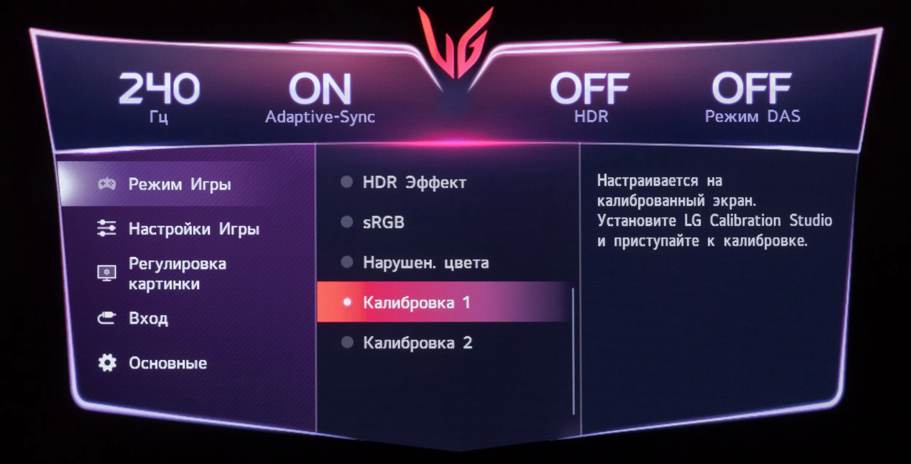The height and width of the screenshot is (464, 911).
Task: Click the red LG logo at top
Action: click(455, 42)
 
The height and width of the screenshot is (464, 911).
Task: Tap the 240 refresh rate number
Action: click(159, 88)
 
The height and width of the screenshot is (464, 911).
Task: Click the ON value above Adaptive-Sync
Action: click(320, 89)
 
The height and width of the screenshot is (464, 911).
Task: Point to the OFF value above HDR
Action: click(590, 88)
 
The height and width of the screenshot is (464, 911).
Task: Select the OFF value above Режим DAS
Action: click(751, 88)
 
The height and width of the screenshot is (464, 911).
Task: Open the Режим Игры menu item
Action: click(180, 184)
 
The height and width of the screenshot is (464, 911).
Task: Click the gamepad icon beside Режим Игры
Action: click(107, 184)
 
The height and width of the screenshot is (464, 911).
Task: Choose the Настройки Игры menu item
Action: click(194, 229)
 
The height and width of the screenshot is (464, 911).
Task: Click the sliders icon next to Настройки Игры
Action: click(106, 228)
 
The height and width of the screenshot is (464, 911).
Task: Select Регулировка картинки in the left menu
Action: click(177, 274)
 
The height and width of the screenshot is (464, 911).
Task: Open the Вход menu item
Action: click(148, 318)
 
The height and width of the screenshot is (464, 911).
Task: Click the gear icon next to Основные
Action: click(107, 363)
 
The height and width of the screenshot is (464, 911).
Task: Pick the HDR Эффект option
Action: click(414, 182)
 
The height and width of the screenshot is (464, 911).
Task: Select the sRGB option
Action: click(383, 222)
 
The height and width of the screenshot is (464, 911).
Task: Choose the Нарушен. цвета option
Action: click(426, 263)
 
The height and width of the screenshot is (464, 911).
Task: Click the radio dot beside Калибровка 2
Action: click(347, 342)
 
